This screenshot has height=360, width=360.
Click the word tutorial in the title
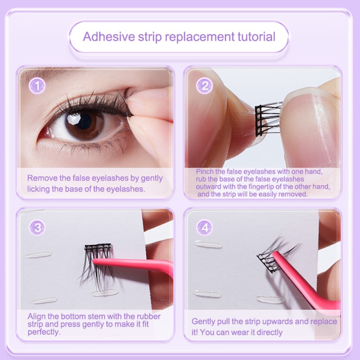pos(252,36)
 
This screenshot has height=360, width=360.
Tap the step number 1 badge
pos(38,85)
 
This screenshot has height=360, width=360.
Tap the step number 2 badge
pos(205,85)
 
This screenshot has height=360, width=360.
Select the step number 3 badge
pos(38,228)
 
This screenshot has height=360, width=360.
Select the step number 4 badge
pos(205,228)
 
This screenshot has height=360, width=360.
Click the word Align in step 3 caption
pos(36,316)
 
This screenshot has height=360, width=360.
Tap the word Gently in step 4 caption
pos(204,321)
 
